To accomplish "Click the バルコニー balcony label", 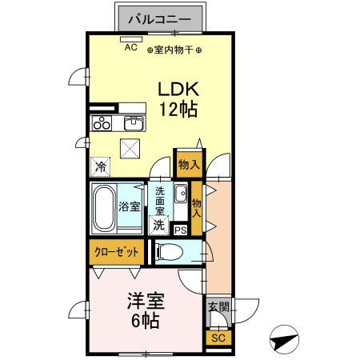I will (x=159, y=18).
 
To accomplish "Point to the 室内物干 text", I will (x=174, y=50).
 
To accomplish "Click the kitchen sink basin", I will (x=134, y=123).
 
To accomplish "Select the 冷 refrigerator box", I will (x=101, y=166).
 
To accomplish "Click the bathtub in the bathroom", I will (x=104, y=207).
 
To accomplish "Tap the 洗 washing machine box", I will (x=159, y=226).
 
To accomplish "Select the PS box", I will (x=181, y=230).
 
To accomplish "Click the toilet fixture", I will (x=170, y=253).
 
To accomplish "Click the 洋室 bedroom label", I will (x=146, y=302).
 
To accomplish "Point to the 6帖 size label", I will (x=146, y=322).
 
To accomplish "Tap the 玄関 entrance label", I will (x=217, y=306).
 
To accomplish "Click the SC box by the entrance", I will (x=217, y=338).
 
